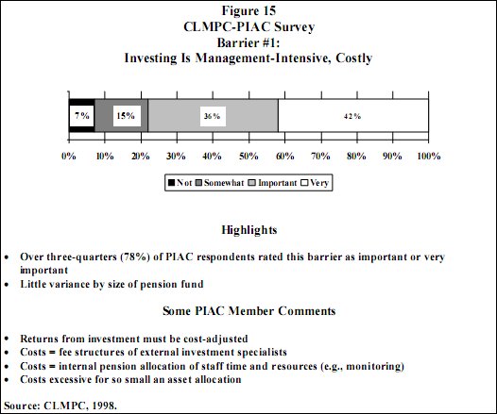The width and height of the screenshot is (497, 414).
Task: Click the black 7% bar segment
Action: coord(81,116)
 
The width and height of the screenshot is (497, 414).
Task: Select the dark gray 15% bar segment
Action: coord(121,116)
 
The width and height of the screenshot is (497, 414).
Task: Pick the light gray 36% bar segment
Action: coord(213,116)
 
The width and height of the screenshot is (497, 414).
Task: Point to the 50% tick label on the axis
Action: coord(248,156)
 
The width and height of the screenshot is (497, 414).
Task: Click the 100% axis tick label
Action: coord(426,156)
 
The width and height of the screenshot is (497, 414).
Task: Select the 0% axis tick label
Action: coord(69,156)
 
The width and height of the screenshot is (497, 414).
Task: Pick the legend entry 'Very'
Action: coord(318,183)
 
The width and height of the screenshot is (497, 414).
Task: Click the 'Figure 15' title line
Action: coord(248,12)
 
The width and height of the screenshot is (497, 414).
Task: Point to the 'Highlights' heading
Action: coord(248,229)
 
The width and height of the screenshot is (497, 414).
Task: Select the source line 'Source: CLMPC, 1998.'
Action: coord(58,406)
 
